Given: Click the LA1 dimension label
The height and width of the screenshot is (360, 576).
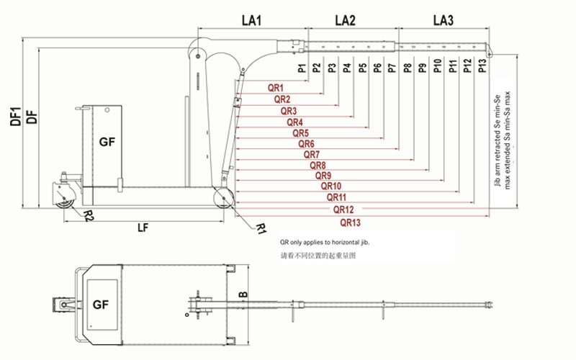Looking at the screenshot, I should coord(251,21).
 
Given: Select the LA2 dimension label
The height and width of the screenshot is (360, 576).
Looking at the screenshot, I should coord(346,21).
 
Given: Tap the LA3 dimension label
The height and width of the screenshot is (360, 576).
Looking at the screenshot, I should coord(443,21).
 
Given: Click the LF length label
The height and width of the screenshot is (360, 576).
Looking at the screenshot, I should coord(143,228).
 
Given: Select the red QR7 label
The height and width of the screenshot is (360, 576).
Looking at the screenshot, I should coord(312,154).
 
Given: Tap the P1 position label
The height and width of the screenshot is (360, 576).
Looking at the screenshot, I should coord(301,69).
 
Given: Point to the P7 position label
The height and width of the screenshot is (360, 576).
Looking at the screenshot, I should coord(392,69).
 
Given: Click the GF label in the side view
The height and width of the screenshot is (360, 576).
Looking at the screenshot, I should coord(107,143).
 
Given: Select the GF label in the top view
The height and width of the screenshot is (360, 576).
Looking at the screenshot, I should coord(101,305).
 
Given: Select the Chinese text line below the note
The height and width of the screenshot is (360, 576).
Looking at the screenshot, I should coord(317,256).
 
